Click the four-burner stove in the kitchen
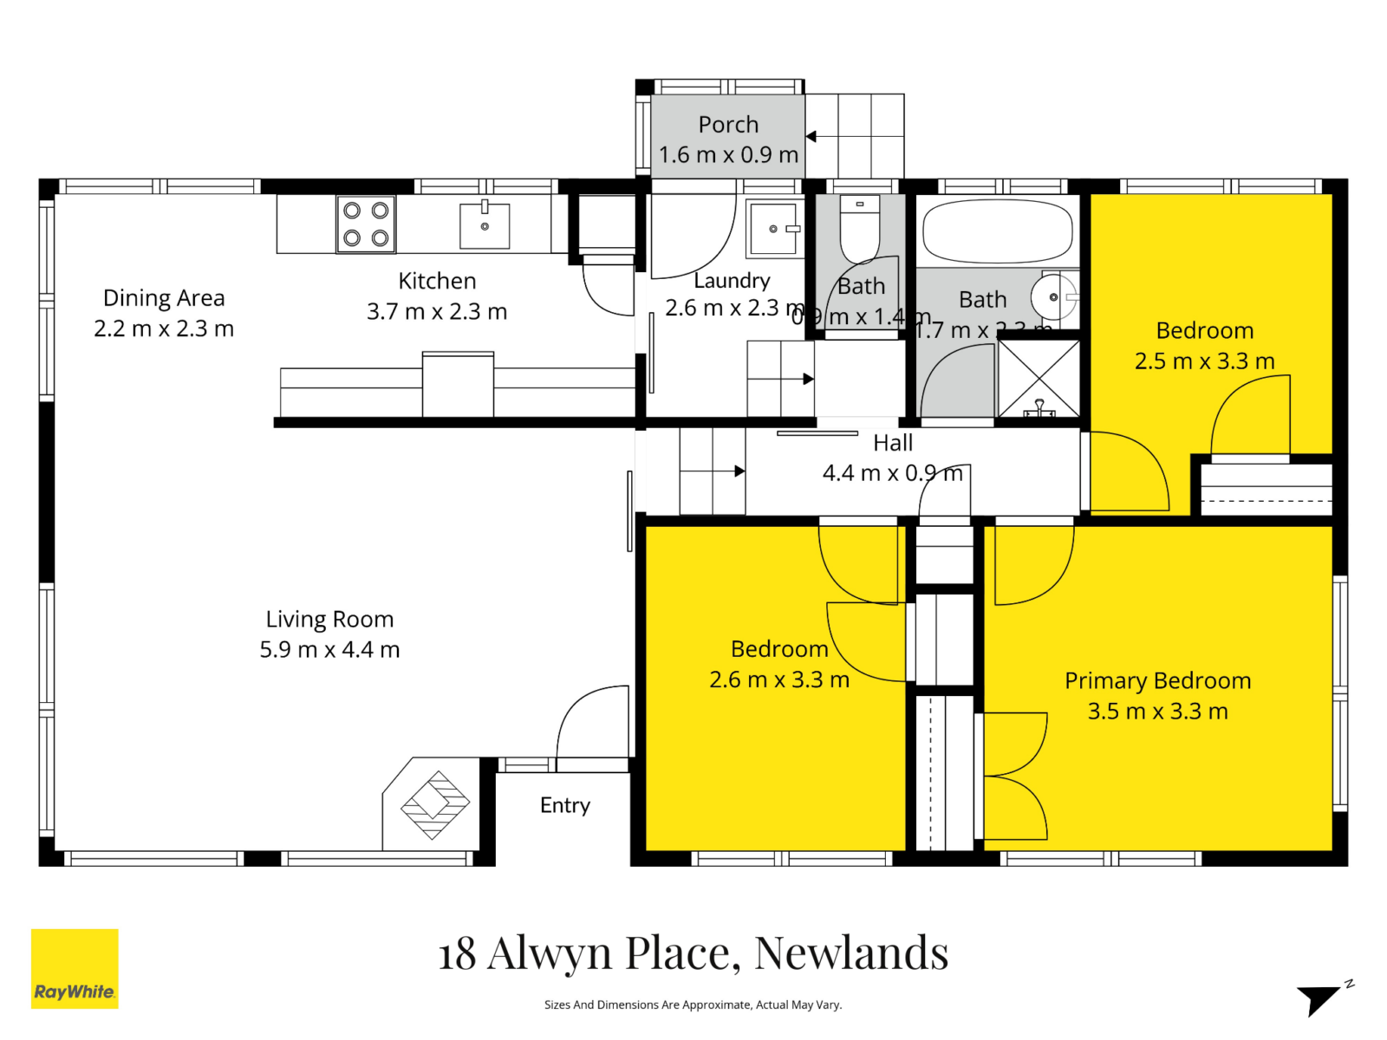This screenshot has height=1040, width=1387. point(366,224)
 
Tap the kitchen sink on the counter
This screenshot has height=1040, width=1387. point(485,224)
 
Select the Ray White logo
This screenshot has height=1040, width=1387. point(75,968)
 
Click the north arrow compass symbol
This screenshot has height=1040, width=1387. point(1322,998)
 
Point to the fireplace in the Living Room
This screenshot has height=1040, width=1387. point(434,805)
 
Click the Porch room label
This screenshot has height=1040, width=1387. point(728,125)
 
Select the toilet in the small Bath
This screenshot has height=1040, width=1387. point(860,227)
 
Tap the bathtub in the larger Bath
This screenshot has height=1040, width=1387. point(997,231)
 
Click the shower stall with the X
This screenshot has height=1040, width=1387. point(1039,379)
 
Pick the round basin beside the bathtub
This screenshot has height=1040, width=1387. point(1052,296)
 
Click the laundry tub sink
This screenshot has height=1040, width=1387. point(772,229)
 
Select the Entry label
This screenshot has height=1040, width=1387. point(565,805)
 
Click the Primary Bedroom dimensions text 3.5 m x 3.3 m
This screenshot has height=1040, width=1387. point(1157,712)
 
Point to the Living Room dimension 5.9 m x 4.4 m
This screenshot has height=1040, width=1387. point(329,650)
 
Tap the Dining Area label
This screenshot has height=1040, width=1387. point(164,298)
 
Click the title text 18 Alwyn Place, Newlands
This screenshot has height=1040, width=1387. point(693,952)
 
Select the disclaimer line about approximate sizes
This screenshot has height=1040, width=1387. point(693,1004)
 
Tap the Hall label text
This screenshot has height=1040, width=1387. point(893,443)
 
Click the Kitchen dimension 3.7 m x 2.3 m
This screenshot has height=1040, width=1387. point(437,311)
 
